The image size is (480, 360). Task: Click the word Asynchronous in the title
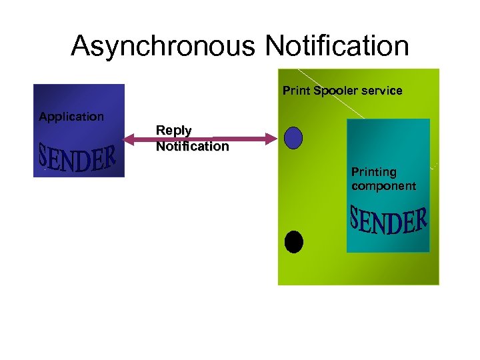[x=163, y=46]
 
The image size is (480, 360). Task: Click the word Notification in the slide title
[x=337, y=46]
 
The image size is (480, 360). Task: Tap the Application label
[x=71, y=117]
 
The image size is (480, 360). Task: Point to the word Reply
[x=173, y=131]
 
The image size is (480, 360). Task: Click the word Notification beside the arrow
[x=192, y=146]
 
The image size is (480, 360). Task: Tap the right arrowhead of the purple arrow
[x=271, y=139]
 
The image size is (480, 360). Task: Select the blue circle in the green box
[x=293, y=137]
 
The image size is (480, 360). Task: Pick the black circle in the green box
[x=294, y=241]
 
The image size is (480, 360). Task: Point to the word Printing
[x=373, y=172]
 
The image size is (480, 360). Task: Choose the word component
[x=383, y=186]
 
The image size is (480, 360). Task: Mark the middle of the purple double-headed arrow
[x=201, y=139]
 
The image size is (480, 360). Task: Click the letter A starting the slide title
[x=81, y=46]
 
